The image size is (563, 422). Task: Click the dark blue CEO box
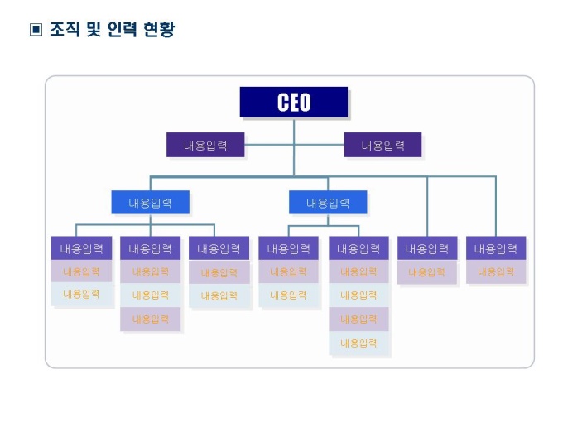(x=294, y=102)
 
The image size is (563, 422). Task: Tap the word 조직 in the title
(x=60, y=30)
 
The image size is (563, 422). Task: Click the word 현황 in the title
(x=159, y=30)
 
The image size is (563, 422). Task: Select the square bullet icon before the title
(x=36, y=31)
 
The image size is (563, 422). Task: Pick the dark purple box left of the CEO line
(x=205, y=146)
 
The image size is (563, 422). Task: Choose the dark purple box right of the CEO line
(x=383, y=146)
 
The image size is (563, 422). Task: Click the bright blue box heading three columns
(x=150, y=203)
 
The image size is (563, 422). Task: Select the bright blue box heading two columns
(x=327, y=203)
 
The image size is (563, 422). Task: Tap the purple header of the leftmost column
(x=81, y=248)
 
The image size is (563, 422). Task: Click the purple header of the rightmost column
(x=495, y=248)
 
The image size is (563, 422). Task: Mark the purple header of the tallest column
(x=358, y=248)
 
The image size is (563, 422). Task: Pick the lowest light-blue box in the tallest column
(x=358, y=343)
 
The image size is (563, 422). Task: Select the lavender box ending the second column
(x=150, y=319)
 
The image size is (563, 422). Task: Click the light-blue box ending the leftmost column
(x=81, y=294)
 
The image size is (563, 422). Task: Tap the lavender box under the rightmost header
(x=495, y=271)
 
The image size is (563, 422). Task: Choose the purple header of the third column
(x=219, y=248)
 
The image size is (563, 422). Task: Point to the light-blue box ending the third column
(x=219, y=295)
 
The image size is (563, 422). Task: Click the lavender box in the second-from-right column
(x=426, y=271)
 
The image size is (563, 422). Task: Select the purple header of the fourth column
(x=288, y=248)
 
